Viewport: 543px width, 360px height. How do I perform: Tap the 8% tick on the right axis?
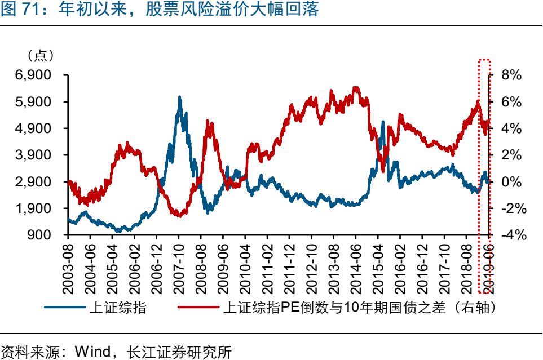pos(508,75)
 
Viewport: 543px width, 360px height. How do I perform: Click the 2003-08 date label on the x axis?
pos(68,268)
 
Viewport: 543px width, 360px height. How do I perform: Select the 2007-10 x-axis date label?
pos(179,268)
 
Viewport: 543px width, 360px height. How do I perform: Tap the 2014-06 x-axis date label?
pos(356,268)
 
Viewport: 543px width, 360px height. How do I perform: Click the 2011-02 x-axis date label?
pos(267,268)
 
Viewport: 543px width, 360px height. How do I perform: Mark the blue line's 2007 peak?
pos(179,97)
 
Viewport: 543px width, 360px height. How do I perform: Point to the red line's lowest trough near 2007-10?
pos(179,216)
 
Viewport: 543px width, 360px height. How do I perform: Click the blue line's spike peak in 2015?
pos(383,121)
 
